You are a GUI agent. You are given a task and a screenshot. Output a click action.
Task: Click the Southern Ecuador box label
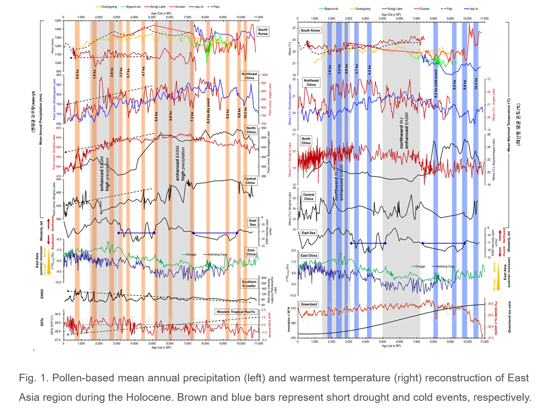(249, 284)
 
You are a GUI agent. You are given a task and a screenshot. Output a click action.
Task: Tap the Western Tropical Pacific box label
(236, 312)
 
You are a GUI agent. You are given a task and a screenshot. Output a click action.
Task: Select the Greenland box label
(309, 304)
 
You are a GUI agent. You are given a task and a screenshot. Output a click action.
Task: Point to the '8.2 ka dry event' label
(209, 110)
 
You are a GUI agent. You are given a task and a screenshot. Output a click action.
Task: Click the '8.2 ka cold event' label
(436, 83)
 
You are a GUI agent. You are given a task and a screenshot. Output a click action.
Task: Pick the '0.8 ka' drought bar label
(77, 74)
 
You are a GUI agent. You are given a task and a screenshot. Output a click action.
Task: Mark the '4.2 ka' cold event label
(369, 70)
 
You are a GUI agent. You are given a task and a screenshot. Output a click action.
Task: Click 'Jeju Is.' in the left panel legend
(198, 7)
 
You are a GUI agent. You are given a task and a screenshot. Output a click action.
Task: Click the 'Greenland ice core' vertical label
(510, 317)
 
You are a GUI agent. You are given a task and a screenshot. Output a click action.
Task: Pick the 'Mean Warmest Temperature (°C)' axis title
(509, 125)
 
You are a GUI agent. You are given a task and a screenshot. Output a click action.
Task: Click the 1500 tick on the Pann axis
(58, 21)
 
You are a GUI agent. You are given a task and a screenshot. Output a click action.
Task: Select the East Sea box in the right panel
(308, 233)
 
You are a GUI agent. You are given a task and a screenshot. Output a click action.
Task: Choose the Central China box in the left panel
(250, 181)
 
